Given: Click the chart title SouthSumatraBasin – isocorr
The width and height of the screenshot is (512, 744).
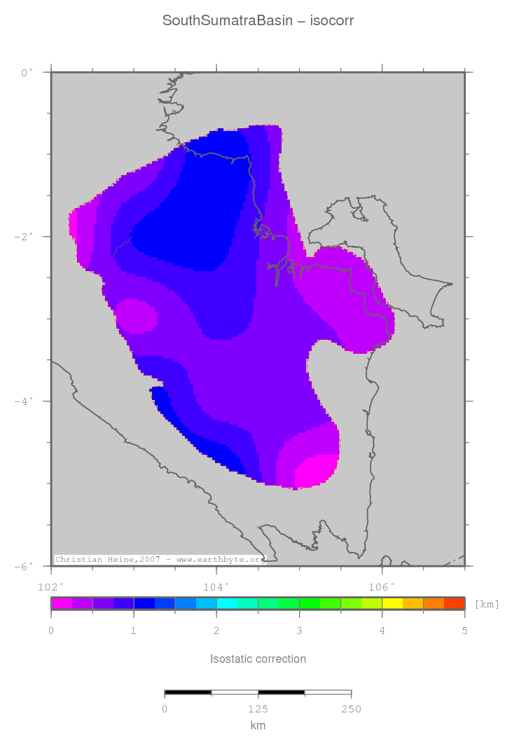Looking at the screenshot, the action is [x=258, y=20].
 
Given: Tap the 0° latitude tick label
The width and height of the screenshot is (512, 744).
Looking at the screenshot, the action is [x=25, y=72].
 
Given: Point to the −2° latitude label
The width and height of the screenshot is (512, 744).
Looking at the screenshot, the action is [x=23, y=237].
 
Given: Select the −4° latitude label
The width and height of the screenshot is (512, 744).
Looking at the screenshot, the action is [x=23, y=401].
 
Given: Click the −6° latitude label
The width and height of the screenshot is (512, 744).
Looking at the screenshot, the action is [x=23, y=566].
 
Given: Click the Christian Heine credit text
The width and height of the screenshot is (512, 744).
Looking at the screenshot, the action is [x=160, y=560].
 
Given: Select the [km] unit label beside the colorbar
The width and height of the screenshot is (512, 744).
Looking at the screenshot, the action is [x=487, y=604].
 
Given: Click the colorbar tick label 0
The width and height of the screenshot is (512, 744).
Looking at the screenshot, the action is [x=51, y=631].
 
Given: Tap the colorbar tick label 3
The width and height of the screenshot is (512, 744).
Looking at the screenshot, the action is [x=299, y=631].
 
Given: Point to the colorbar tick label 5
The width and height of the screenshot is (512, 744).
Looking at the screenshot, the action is [x=464, y=631].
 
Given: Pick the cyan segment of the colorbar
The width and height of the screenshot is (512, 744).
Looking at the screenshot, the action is [x=227, y=603].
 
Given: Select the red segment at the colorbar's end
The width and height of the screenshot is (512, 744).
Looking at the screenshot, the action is [x=455, y=603].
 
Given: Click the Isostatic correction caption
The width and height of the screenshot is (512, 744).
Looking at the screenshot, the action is [x=258, y=659].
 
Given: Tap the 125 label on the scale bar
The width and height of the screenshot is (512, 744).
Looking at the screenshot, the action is [x=258, y=709].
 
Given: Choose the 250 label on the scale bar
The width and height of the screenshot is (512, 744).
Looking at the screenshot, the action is [x=351, y=709].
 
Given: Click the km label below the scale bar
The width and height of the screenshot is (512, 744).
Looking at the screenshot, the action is [x=258, y=726].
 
